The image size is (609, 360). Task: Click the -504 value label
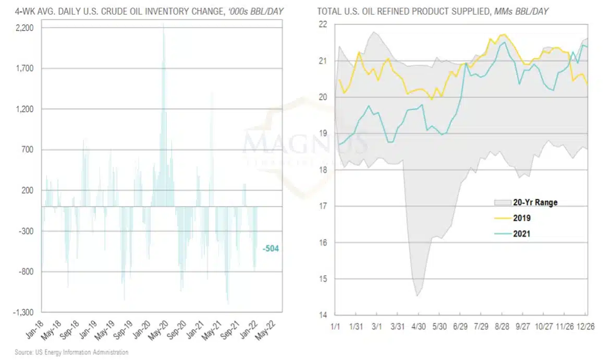pyautogui.click(x=271, y=249)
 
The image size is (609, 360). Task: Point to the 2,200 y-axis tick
pyautogui.click(x=25, y=28)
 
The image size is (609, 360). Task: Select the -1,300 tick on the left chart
pyautogui.click(x=24, y=313)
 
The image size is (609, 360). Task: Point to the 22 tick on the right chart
pyautogui.click(x=322, y=25)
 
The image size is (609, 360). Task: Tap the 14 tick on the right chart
pyautogui.click(x=322, y=315)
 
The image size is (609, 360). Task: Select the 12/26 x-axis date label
pyautogui.click(x=586, y=326)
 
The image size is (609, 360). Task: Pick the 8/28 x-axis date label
pyautogui.click(x=502, y=326)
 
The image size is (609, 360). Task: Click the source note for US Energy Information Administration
pyautogui.click(x=71, y=353)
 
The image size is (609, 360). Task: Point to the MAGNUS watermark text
pyautogui.click(x=305, y=142)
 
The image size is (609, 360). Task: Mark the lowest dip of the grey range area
pyautogui.click(x=417, y=296)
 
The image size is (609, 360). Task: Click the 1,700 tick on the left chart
pyautogui.click(x=25, y=69)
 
